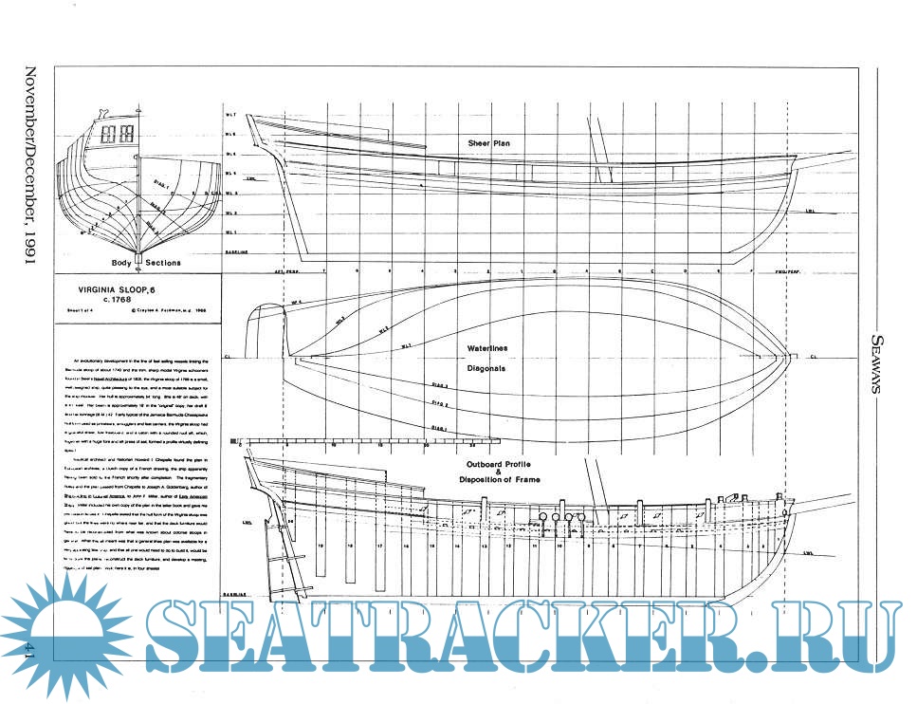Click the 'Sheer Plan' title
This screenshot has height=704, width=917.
point(489,142)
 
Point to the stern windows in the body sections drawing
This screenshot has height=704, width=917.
point(122,134)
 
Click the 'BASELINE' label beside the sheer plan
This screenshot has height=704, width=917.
point(236,252)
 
